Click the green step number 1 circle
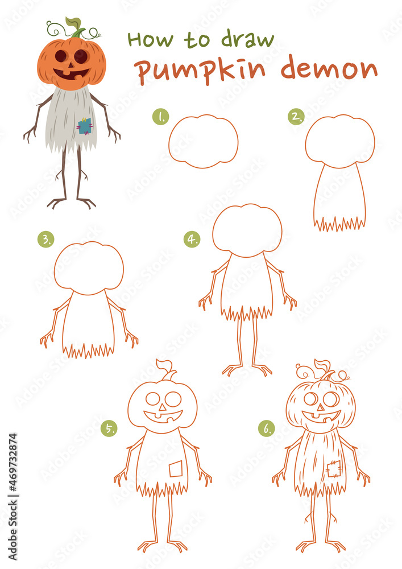point(160,117)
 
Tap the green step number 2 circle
point(296,117)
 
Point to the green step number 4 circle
point(192,239)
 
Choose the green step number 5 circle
point(109,428)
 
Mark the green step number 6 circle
point(267,428)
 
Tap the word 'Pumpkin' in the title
point(201,71)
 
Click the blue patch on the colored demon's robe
point(85,126)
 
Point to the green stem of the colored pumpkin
point(76,27)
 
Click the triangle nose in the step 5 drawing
point(163,407)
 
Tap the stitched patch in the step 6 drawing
point(334,469)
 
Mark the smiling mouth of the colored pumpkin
point(71,74)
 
